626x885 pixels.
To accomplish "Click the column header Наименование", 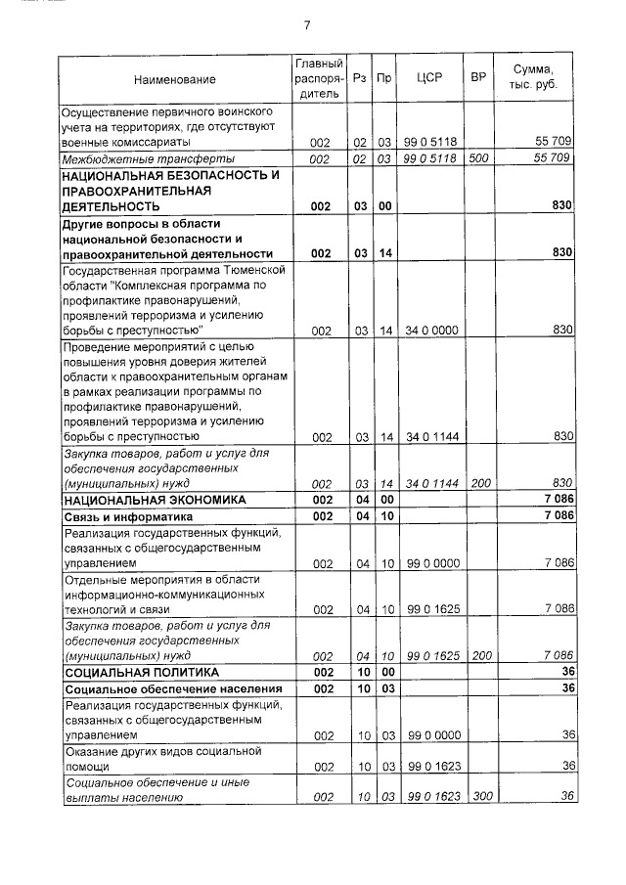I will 175,79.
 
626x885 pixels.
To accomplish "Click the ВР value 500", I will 478,158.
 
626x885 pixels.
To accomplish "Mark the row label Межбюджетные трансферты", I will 143,158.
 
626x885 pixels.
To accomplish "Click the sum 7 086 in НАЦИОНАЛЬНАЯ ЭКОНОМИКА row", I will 558,500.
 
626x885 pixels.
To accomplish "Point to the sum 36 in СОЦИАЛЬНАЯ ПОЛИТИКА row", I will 566,673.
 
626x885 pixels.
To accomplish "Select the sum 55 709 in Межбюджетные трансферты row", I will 553,158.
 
